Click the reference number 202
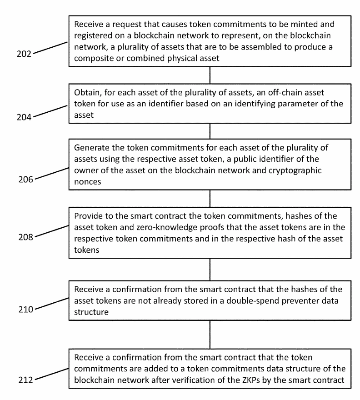24,54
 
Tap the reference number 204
24,117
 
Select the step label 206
25,180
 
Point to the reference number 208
25,237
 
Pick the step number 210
25,310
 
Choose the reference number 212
25,380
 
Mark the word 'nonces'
88,182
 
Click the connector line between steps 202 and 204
210,75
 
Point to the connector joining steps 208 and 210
210,270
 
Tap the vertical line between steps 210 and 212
210,335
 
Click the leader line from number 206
52,174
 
